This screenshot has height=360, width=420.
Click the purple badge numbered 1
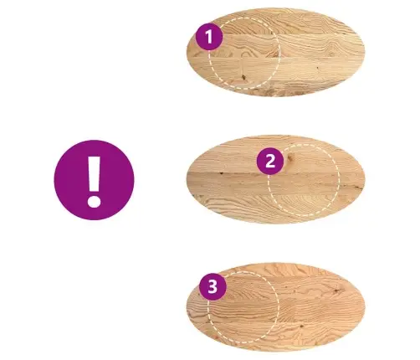[209, 37]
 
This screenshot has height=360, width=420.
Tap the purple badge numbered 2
[270, 162]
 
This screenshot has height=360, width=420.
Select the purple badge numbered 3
[213, 286]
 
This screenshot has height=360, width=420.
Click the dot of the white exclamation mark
[94, 201]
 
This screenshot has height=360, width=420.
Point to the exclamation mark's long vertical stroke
[95, 173]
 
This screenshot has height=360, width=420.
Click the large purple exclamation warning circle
[94, 180]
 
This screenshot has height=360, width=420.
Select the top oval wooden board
[275, 52]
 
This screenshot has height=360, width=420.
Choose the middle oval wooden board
[275, 179]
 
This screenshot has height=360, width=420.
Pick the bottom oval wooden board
[275, 306]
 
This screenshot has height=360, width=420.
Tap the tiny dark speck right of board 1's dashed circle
[317, 68]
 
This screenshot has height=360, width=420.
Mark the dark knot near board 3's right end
[337, 291]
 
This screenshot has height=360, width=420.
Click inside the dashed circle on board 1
[244, 54]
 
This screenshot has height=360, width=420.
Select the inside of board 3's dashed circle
[243, 306]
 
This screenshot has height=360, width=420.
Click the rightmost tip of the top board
[365, 52]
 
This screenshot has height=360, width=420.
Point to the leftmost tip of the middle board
[187, 179]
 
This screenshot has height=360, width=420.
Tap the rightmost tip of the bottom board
[365, 306]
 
